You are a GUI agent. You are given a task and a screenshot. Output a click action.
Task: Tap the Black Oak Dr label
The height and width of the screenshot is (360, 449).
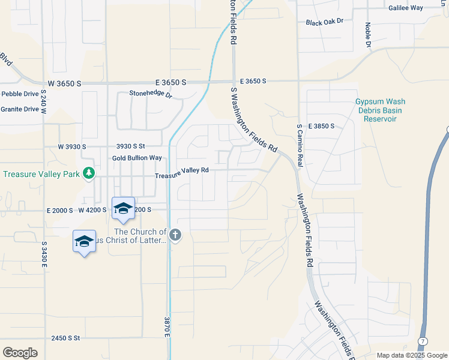324,22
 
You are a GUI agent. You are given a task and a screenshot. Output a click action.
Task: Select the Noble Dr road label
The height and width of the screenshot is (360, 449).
368,35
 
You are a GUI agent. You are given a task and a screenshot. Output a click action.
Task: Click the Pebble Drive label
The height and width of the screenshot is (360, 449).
20,94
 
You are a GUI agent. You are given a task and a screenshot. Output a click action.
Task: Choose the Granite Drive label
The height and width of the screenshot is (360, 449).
20,109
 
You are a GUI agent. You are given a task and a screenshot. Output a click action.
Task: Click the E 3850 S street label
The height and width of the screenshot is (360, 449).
321,127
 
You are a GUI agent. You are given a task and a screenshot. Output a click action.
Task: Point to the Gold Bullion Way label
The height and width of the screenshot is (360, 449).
137,158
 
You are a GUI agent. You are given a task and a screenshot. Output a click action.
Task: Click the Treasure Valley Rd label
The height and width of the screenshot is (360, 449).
181,170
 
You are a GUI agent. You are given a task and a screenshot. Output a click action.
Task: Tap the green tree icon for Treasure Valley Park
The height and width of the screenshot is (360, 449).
89,173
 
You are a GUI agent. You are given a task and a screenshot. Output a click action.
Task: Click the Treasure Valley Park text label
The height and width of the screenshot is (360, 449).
41,175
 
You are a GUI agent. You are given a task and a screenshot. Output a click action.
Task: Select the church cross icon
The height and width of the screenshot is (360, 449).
175,235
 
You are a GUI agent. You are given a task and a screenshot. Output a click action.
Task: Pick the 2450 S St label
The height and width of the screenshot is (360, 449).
66,338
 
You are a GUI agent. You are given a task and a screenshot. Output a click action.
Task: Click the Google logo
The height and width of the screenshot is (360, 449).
20,353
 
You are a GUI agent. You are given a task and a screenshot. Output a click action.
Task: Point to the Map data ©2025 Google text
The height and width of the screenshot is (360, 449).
411,355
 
